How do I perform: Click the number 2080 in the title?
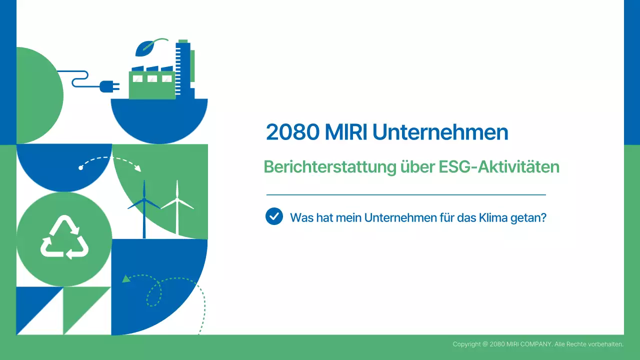[292, 132]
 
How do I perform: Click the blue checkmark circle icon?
[274, 216]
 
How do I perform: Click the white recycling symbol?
[64, 238]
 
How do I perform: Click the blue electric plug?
[108, 87]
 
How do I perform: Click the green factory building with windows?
[152, 84]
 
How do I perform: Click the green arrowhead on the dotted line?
[126, 278]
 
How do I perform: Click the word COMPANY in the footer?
[535, 344]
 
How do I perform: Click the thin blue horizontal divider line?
[406, 194]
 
